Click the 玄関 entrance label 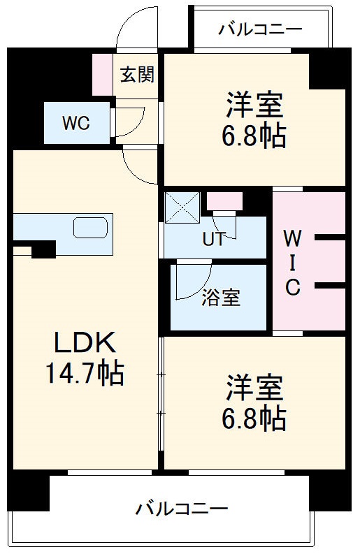(137, 75)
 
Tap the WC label (75, 124)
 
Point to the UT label (213, 239)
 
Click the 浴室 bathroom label (221, 297)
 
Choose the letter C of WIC (293, 286)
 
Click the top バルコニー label (259, 29)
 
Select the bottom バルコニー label (181, 508)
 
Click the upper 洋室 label (254, 105)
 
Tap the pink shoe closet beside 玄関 (103, 74)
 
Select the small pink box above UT (224, 201)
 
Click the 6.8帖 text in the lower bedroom (254, 418)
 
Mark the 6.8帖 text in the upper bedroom (254, 136)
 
